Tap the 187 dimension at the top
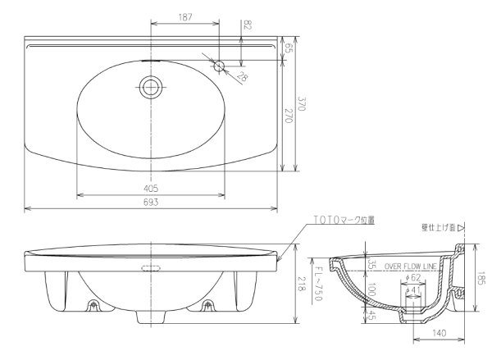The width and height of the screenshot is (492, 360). coord(186,17)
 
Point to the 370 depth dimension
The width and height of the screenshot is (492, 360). coord(301,104)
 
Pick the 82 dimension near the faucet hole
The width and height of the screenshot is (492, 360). coord(248,26)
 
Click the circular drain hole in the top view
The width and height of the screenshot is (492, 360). coord(150,86)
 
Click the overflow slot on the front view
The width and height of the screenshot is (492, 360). coord(150,267)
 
